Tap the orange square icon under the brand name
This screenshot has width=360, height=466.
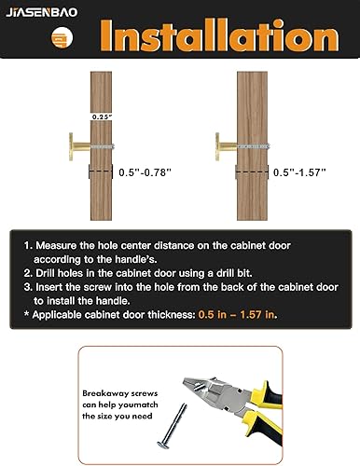[34, 38]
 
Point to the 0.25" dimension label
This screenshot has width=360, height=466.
[101, 116]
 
